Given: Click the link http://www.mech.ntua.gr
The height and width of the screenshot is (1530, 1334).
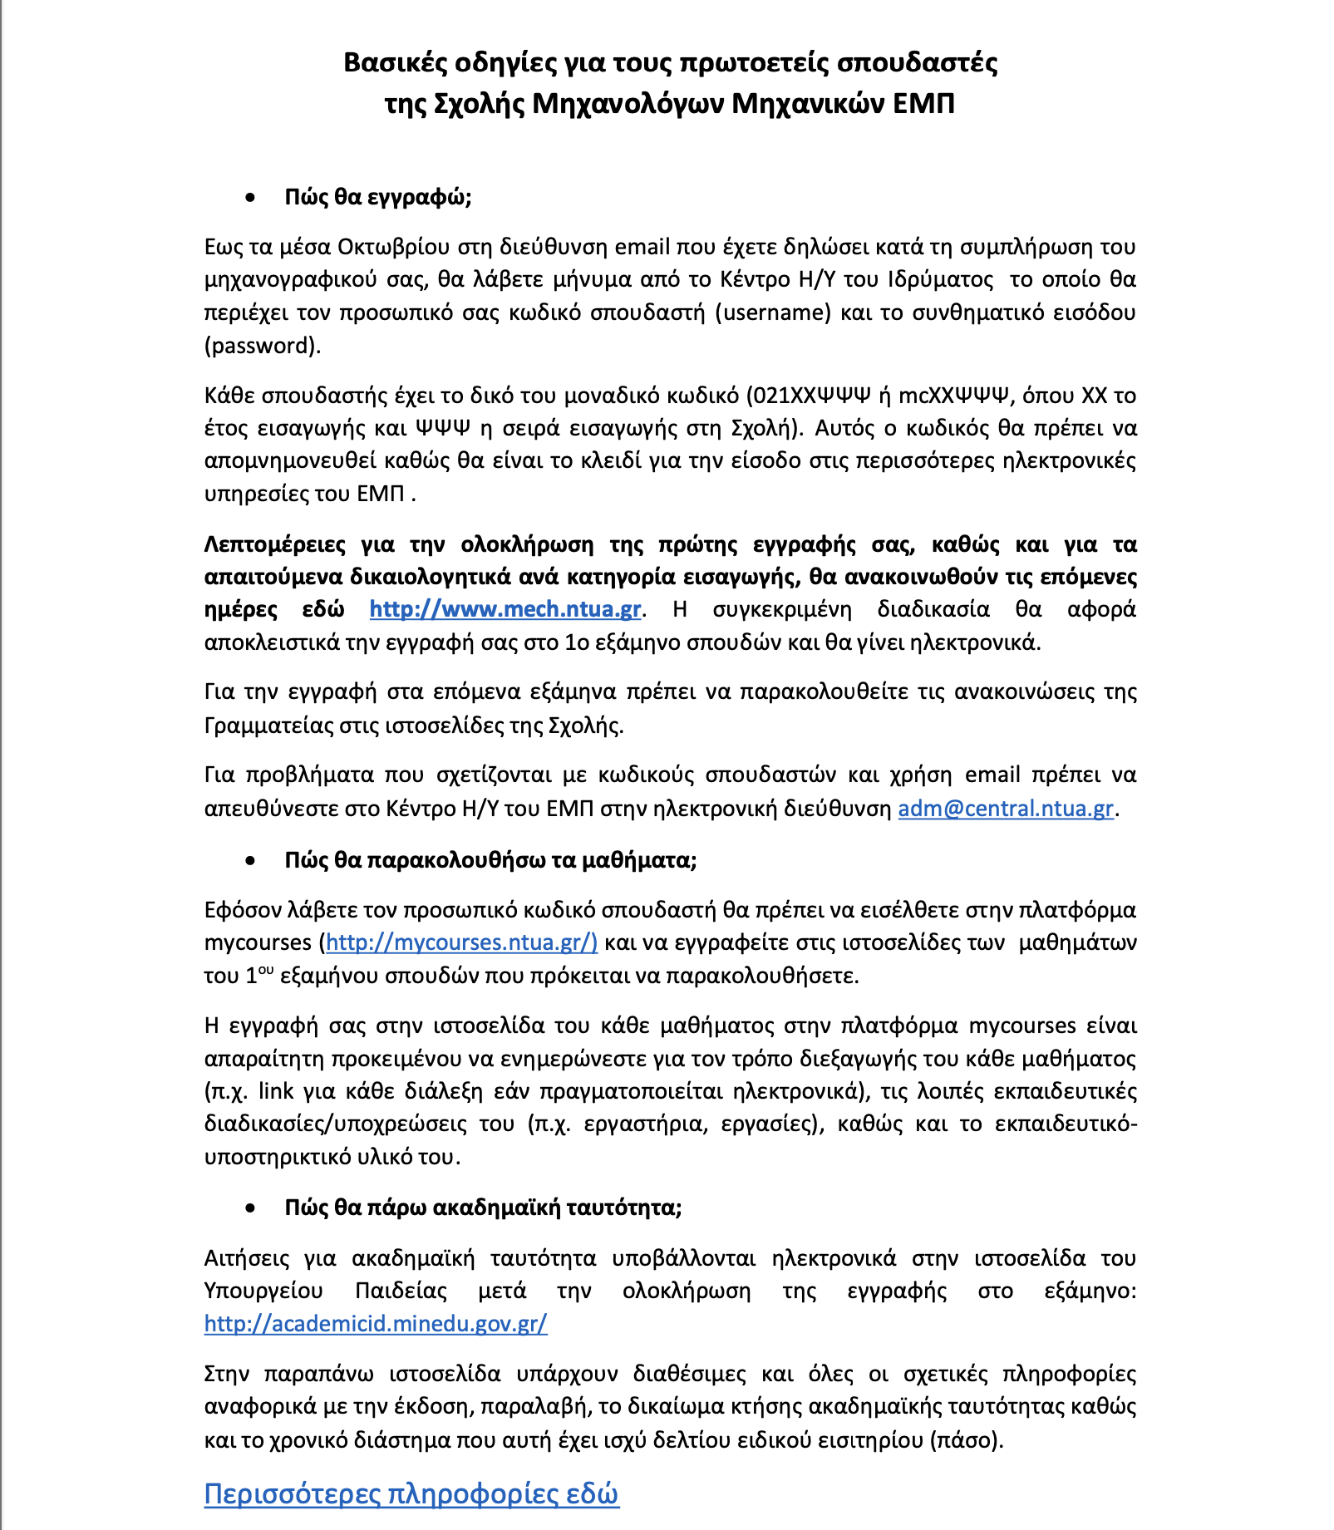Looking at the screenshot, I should click(x=505, y=609).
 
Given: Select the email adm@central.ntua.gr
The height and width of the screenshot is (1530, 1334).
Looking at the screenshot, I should click(x=1006, y=809).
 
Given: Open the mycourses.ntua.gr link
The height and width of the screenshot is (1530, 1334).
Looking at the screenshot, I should click(x=461, y=942).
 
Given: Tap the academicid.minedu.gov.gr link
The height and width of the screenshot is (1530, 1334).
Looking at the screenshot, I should click(x=376, y=1323).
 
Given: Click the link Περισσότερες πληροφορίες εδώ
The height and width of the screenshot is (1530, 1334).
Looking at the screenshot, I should click(x=411, y=1494).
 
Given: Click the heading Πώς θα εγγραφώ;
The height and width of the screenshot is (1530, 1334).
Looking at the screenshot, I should click(x=378, y=197).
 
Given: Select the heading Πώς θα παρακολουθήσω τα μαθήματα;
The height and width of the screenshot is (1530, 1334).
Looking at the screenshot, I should click(x=490, y=859).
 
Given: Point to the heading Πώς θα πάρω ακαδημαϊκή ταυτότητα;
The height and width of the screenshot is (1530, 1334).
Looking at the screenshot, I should click(x=483, y=1207).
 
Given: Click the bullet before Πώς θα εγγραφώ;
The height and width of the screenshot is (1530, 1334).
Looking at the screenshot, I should click(x=250, y=198).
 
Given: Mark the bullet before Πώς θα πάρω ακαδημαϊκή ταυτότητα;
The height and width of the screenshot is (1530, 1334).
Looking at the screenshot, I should click(x=250, y=1208).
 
